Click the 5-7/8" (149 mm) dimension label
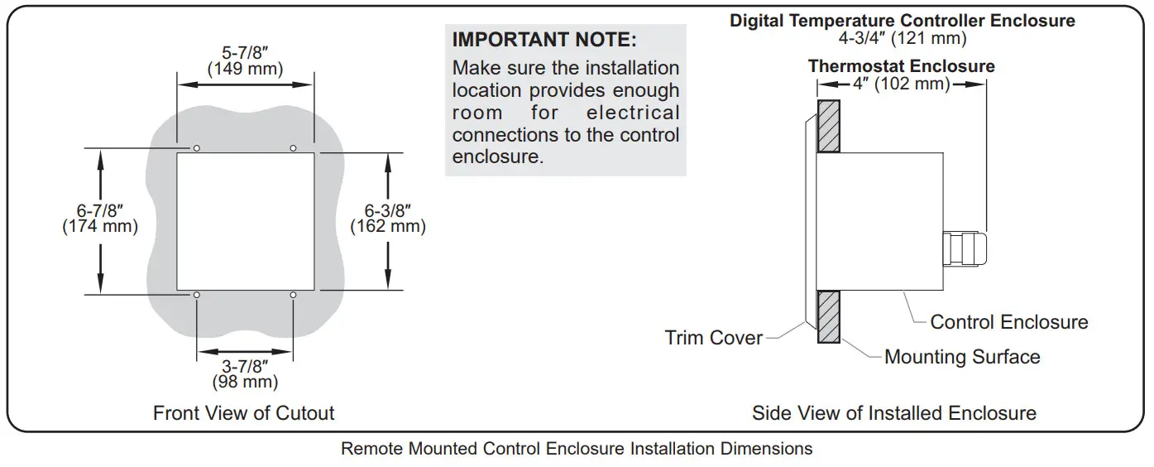pyautogui.click(x=244, y=60)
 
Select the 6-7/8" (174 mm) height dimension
pyautogui.click(x=100, y=218)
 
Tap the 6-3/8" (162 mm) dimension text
pyautogui.click(x=388, y=218)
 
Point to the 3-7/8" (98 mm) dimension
pyautogui.click(x=244, y=373)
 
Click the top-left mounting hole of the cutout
pyautogui.click(x=197, y=148)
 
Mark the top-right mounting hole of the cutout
pyautogui.click(x=293, y=148)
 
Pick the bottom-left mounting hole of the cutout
pyautogui.click(x=197, y=295)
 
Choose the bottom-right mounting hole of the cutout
pyautogui.click(x=293, y=295)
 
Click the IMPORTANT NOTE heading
pyautogui.click(x=544, y=40)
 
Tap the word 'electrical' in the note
pyautogui.click(x=633, y=113)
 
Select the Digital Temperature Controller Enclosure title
pyautogui.click(x=902, y=21)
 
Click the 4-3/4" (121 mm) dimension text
pyautogui.click(x=902, y=38)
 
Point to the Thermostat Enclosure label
pyautogui.click(x=902, y=65)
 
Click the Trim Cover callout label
pyautogui.click(x=713, y=338)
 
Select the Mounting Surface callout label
pyautogui.click(x=962, y=357)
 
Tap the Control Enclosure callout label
pyautogui.click(x=1009, y=322)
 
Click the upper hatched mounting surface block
pyautogui.click(x=828, y=126)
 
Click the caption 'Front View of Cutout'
pyautogui.click(x=244, y=412)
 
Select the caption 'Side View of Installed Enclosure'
pyautogui.click(x=894, y=412)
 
